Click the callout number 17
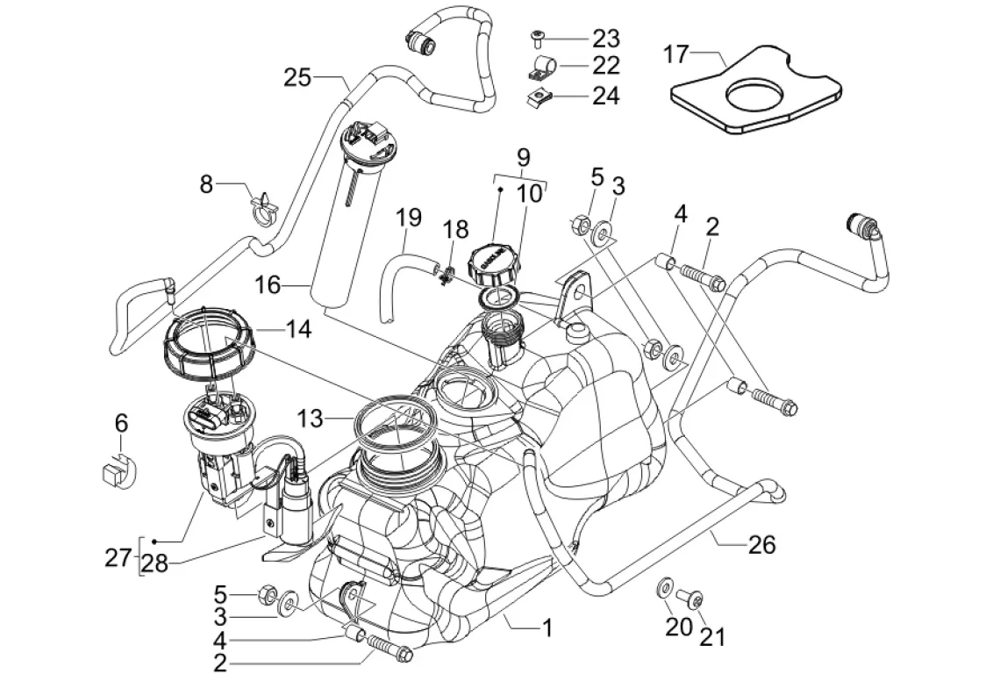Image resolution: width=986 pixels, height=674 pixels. pyautogui.click(x=675, y=54)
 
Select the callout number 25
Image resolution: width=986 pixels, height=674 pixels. pyautogui.click(x=298, y=77)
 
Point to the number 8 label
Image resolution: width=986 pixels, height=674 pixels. pyautogui.click(x=207, y=184)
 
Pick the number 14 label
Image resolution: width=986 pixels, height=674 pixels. pyautogui.click(x=297, y=329)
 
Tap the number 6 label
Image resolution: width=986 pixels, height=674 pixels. pyautogui.click(x=122, y=424)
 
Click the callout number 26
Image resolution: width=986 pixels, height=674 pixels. pyautogui.click(x=762, y=544)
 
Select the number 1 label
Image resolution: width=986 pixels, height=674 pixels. pyautogui.click(x=547, y=627)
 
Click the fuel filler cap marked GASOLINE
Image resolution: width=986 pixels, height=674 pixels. pyautogui.click(x=492, y=261)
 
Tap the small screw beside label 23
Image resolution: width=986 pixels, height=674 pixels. pyautogui.click(x=537, y=38)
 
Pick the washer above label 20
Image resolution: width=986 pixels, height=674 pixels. pyautogui.click(x=666, y=584)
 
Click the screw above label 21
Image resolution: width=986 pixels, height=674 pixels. pyautogui.click(x=693, y=599)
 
